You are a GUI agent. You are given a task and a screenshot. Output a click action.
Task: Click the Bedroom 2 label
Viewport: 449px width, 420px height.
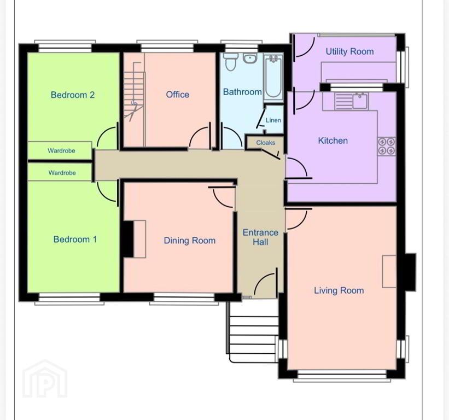[73, 95]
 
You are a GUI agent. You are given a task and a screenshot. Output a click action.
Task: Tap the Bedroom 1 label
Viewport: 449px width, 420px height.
[75, 240]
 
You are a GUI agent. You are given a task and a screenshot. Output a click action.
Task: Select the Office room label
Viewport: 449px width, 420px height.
[177, 95]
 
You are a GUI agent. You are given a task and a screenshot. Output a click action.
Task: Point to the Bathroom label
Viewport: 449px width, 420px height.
[242, 92]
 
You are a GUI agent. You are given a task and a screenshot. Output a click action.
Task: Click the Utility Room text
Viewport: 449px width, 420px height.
[349, 51]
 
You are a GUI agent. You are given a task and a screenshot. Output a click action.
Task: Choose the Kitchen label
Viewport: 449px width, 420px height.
[333, 141]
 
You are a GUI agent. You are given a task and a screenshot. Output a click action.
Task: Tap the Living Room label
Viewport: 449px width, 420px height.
[339, 290]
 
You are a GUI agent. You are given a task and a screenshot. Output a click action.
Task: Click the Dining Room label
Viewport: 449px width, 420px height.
[189, 241]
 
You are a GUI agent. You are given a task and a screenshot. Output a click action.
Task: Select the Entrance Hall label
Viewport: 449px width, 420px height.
[260, 237]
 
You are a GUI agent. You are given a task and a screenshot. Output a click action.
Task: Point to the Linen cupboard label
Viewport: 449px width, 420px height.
[273, 120]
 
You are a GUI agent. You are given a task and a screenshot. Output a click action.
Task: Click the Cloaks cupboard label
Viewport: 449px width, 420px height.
[265, 143]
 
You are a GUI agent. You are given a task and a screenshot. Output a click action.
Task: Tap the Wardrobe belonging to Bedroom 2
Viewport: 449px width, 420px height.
[61, 150]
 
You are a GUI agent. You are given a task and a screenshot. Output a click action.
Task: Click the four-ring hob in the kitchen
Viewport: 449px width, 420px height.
[386, 146]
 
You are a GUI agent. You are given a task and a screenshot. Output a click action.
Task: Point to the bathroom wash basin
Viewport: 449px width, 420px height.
[250, 58]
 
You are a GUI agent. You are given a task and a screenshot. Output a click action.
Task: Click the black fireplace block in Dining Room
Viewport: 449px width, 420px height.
[127, 239]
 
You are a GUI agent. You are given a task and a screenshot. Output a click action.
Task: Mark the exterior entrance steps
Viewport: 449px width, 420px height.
[252, 331]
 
